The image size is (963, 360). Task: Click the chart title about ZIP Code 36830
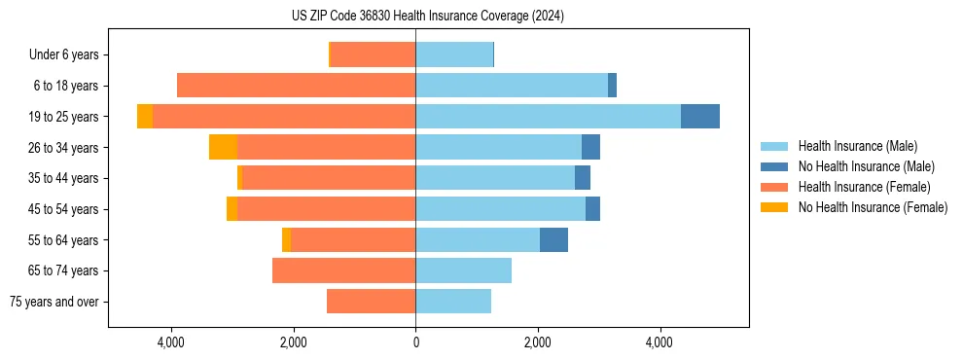(428, 16)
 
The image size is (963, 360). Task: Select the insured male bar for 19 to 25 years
(548, 116)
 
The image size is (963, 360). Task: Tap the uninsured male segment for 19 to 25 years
(700, 116)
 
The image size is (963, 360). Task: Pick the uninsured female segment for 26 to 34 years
(223, 147)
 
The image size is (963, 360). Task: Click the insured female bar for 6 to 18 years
(296, 86)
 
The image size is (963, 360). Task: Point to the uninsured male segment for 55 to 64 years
(553, 239)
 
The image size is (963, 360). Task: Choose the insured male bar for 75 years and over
(453, 302)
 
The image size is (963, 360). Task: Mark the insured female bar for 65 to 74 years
(343, 270)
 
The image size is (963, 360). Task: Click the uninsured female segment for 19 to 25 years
(145, 116)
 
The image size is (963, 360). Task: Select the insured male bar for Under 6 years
(454, 54)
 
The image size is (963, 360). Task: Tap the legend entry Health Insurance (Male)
(857, 146)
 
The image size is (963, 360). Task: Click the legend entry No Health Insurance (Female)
(873, 207)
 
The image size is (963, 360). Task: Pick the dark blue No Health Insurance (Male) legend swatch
(774, 166)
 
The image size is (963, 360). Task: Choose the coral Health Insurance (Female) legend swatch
(774, 187)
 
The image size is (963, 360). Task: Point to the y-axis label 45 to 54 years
(63, 209)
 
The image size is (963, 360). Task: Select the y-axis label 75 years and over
(53, 302)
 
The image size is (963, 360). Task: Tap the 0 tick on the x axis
(415, 342)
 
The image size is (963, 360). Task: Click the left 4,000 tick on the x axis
(171, 342)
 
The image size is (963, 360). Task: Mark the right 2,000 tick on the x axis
(538, 342)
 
